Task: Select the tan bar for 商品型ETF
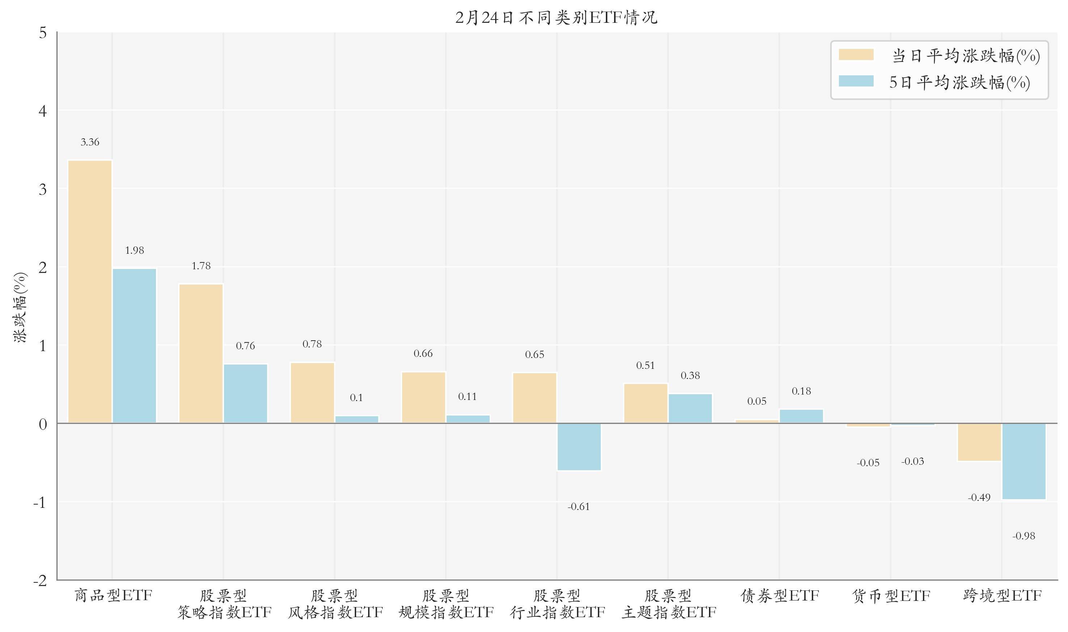point(90,291)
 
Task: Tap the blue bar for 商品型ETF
point(135,345)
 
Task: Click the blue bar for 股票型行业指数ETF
point(579,447)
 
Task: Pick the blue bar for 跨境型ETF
point(1024,461)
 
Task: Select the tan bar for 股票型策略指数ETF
point(201,354)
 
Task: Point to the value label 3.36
point(90,142)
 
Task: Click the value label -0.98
point(1024,536)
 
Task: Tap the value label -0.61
point(579,506)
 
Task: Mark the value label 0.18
point(801,391)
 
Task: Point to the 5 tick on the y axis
point(43,33)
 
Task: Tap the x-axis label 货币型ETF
point(891,595)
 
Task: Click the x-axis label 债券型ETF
point(780,595)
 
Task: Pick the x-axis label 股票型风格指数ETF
point(335,604)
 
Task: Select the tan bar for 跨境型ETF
point(979,442)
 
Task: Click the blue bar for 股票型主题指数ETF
point(690,408)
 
